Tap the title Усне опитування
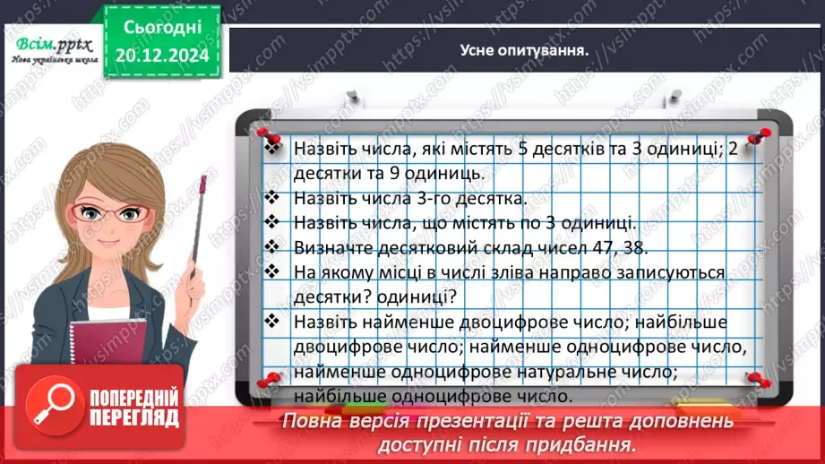(525, 50)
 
